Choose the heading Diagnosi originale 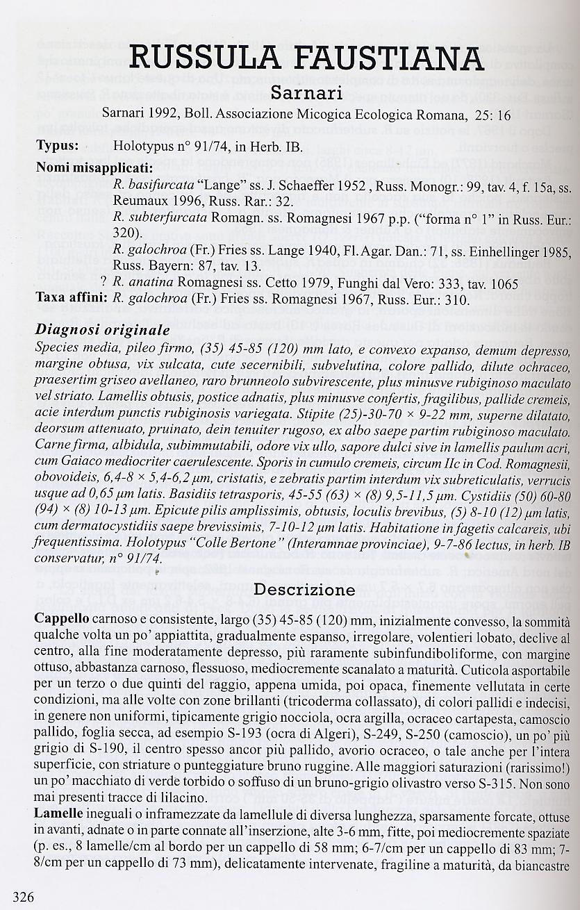102,329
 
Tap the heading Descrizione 304,590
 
